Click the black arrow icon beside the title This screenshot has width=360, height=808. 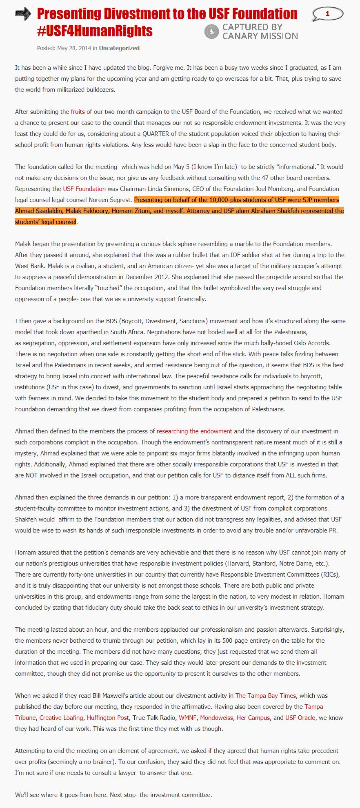click(x=23, y=14)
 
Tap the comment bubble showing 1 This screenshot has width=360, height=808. click(x=327, y=14)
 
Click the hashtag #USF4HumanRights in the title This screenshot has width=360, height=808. click(x=95, y=31)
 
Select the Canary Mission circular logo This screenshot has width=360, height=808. click(x=211, y=31)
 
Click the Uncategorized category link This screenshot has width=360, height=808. click(x=119, y=48)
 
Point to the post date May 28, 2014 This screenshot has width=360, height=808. click(x=74, y=48)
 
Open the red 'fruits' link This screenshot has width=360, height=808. click(x=78, y=112)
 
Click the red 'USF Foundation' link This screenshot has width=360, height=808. click(x=84, y=189)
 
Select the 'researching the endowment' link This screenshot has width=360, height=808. click(x=194, y=431)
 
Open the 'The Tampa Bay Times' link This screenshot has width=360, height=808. click(x=265, y=696)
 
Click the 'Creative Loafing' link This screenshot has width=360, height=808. click(x=61, y=718)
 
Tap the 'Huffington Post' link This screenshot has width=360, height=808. click(x=108, y=718)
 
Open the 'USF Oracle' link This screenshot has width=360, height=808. click(x=300, y=718)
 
